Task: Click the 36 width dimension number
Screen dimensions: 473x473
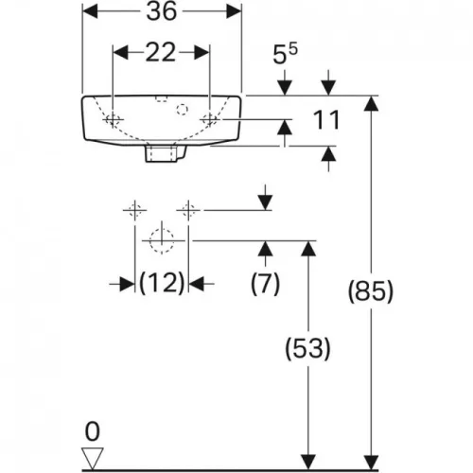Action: (x=162, y=11)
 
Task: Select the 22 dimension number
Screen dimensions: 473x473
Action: (x=161, y=52)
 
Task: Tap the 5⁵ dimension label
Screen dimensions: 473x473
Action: (x=285, y=54)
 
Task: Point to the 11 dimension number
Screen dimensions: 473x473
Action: (x=326, y=120)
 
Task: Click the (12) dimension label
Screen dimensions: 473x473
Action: (x=162, y=283)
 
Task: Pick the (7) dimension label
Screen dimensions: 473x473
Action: (x=265, y=284)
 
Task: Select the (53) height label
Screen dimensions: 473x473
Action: (x=307, y=348)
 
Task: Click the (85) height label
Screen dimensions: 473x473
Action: (x=371, y=291)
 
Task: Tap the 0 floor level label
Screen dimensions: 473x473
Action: (x=93, y=432)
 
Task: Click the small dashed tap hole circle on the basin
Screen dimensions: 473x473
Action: (x=182, y=110)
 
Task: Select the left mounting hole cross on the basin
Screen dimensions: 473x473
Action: (x=113, y=119)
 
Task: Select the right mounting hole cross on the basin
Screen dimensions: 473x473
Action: (x=210, y=119)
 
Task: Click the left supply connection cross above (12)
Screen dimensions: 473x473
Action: (x=135, y=210)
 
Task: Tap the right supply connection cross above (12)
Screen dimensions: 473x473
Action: (x=188, y=210)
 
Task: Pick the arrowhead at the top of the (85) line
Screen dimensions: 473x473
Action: (x=371, y=103)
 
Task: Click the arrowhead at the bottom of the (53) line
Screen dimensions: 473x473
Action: (x=308, y=462)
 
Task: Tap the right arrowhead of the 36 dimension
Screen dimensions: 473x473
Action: (x=234, y=11)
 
